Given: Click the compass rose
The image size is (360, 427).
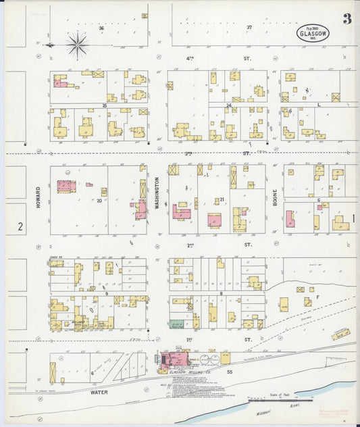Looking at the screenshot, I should [77, 45].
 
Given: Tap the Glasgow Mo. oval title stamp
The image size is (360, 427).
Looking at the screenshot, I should [313, 34].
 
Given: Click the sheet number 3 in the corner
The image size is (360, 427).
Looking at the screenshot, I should [346, 18].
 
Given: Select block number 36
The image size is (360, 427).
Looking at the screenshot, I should [101, 28].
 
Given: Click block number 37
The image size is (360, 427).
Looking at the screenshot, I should [249, 28].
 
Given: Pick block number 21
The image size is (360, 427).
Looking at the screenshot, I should [220, 200].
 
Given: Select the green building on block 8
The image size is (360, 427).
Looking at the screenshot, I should [177, 324].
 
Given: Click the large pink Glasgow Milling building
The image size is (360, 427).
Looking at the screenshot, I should [173, 360].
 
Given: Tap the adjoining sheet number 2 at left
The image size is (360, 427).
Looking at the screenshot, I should [20, 227].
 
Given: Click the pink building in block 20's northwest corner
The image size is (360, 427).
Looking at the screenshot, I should [66, 186].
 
